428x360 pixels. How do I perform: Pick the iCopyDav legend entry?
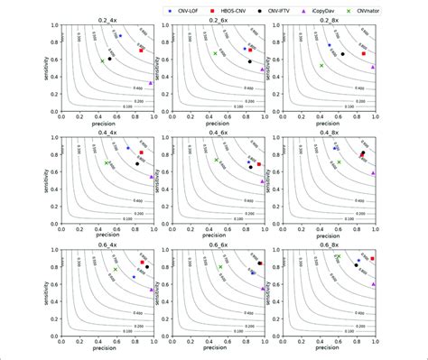[x=355, y=8]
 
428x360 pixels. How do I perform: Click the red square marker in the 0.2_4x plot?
[x=142, y=51]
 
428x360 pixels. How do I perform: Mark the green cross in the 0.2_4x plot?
[x=102, y=60]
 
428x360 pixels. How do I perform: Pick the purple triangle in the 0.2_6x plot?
[x=263, y=69]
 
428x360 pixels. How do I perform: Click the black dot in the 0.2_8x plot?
[x=342, y=54]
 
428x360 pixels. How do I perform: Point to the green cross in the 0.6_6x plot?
[x=219, y=267]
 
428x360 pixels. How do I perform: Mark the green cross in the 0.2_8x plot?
[x=321, y=65]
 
